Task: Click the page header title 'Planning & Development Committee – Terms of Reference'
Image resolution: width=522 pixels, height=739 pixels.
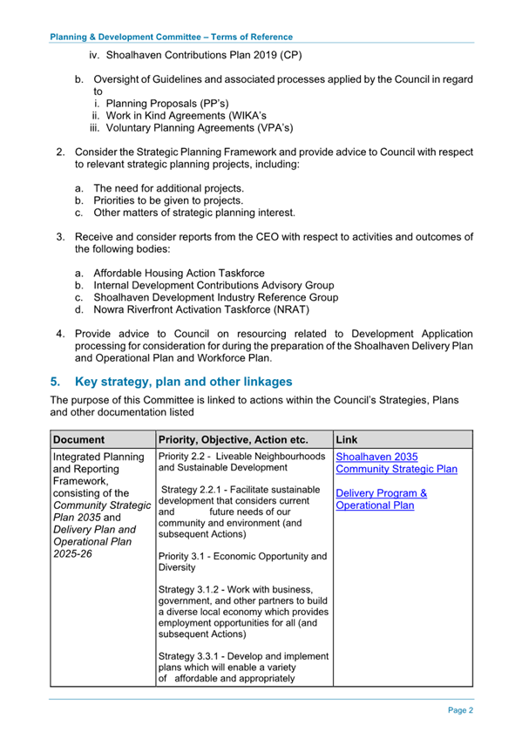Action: (x=171, y=37)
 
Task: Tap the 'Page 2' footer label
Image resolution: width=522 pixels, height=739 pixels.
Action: (x=460, y=710)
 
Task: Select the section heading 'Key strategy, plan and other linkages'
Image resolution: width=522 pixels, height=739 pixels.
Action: (x=184, y=382)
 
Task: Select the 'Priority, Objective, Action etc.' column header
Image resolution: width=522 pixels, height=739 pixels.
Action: (x=233, y=439)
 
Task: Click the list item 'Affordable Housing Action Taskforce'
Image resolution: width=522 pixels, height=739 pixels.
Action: (x=179, y=273)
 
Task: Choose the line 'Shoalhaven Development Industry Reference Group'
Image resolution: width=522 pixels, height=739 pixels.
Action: (x=215, y=297)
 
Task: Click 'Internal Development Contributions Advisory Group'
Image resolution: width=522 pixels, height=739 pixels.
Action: (x=213, y=285)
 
